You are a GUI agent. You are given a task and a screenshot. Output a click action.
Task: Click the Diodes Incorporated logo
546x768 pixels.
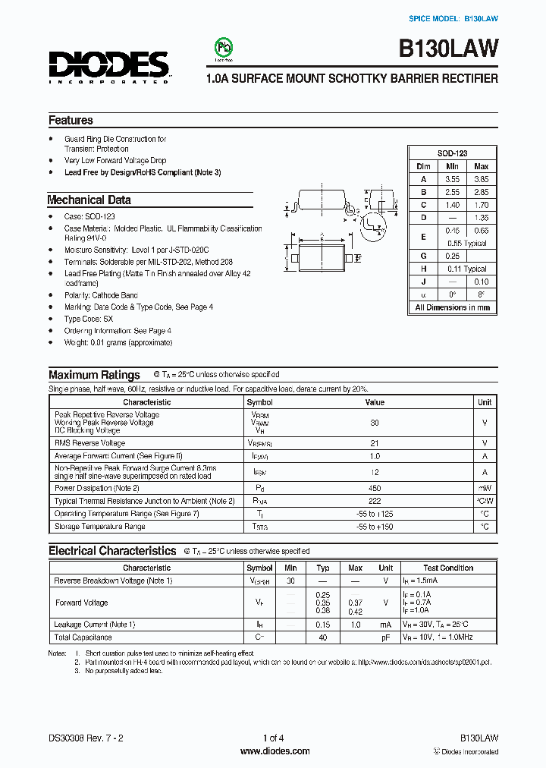[109, 65]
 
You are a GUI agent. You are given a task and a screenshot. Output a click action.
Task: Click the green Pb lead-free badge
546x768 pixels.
[223, 48]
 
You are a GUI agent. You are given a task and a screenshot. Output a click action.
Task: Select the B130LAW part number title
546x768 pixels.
[448, 49]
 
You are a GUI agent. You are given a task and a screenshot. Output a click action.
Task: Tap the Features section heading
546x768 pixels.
[71, 120]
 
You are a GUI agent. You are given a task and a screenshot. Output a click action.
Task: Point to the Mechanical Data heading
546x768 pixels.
[89, 200]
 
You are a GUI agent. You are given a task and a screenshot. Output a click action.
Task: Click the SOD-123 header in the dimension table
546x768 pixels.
[452, 153]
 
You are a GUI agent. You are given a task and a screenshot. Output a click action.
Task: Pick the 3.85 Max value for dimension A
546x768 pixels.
[481, 179]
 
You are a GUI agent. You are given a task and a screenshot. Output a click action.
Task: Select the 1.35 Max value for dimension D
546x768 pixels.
[481, 218]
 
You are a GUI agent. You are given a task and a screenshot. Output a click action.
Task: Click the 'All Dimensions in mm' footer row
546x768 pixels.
[452, 308]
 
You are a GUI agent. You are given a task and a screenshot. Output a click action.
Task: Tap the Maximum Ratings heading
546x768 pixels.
[94, 375]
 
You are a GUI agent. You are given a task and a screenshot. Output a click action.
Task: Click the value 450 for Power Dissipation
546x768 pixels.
[375, 488]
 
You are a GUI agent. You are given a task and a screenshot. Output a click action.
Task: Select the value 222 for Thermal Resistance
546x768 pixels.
[375, 501]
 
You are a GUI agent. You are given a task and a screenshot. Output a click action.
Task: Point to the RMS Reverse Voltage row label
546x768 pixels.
[89, 442]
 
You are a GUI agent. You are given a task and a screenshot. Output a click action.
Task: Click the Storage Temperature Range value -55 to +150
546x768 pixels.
[375, 527]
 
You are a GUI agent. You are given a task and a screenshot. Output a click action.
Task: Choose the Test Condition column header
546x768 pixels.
[448, 568]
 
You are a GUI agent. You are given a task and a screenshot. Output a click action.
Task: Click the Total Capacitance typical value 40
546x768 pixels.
[322, 637]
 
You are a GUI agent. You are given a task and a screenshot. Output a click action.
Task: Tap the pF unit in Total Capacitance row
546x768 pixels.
[385, 637]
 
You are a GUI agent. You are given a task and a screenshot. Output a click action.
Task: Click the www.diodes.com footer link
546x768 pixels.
[275, 751]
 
